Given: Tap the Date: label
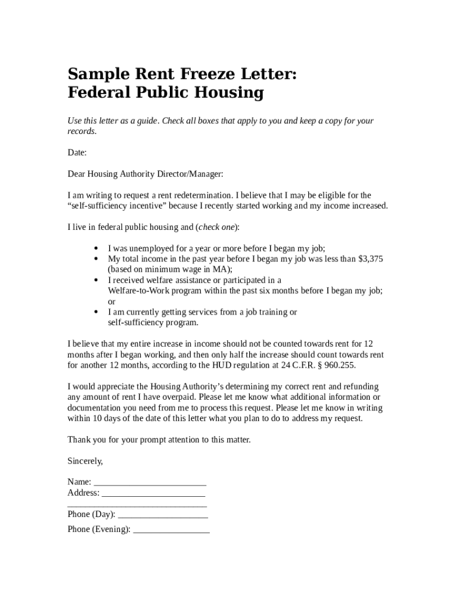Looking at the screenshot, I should click(77, 152).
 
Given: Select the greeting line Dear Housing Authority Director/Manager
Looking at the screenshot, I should click(145, 174).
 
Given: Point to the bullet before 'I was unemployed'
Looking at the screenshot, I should click(96, 248).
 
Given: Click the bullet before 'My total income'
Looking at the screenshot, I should click(96, 259).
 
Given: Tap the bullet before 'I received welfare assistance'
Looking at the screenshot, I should click(96, 280).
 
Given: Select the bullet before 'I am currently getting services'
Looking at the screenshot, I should click(96, 312).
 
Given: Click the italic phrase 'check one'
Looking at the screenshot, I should click(217, 227).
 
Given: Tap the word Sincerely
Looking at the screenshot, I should click(85, 461).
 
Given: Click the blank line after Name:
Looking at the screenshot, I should click(150, 482).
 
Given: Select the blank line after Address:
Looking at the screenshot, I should click(154, 493).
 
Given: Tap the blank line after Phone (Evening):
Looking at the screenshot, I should click(171, 529).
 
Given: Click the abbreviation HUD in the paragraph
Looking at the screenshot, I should click(218, 365).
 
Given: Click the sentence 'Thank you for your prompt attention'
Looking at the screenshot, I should click(159, 440).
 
